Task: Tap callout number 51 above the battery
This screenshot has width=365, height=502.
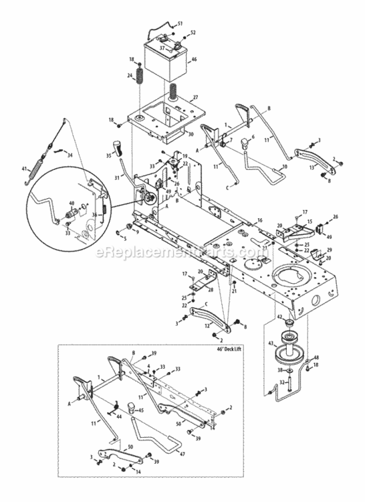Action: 179,23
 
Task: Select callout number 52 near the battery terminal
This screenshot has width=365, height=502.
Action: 193,33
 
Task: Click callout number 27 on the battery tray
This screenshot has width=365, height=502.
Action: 195,98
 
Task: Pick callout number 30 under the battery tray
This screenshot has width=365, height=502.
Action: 191,134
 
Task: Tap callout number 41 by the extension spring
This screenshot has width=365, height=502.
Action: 25,169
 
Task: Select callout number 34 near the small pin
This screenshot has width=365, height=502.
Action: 69,154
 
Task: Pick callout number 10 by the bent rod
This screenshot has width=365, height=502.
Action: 265,165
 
